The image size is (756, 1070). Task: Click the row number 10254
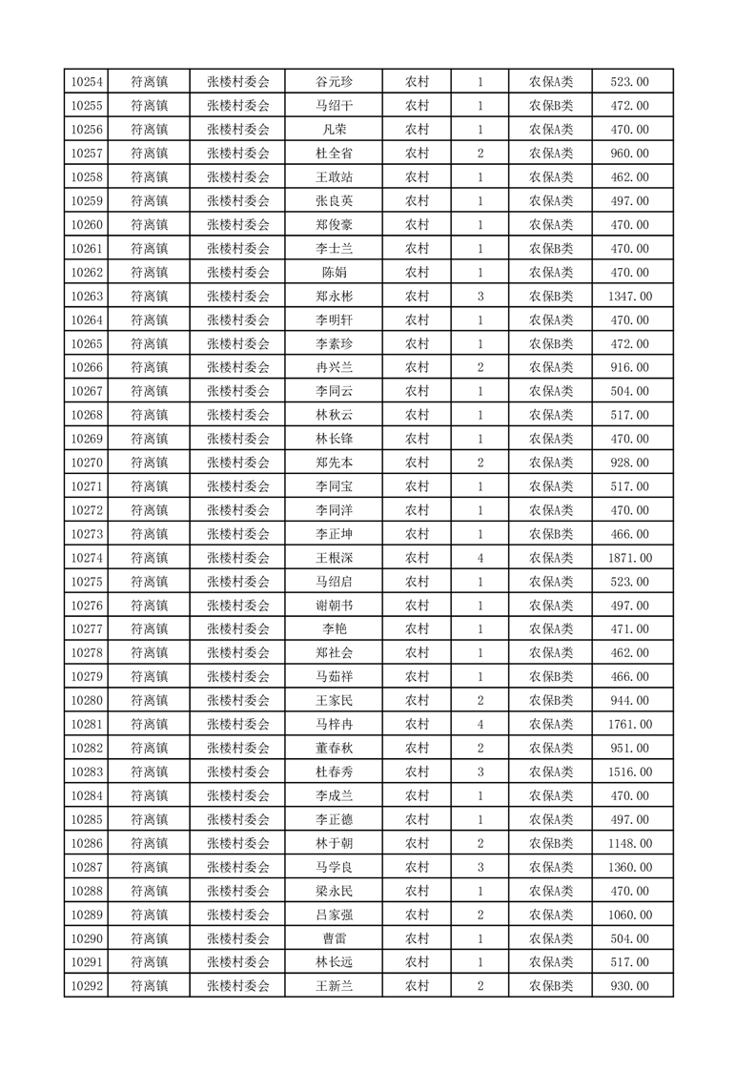pos(87,82)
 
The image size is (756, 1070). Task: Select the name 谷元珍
pos(334,82)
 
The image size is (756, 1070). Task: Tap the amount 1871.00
pos(629,558)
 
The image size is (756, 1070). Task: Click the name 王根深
pos(334,558)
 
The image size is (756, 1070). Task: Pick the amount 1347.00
pos(629,297)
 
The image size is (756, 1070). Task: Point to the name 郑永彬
pos(334,297)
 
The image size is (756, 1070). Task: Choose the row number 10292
pos(87,986)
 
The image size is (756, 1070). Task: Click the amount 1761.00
pos(629,725)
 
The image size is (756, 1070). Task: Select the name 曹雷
pos(334,938)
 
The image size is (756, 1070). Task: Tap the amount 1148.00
pos(629,843)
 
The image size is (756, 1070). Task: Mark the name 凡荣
pos(334,130)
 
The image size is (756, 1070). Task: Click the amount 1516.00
pos(629,772)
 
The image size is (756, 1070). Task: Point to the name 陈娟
pos(334,273)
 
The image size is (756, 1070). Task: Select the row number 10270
pos(87,463)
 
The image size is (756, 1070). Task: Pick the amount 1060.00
pos(629,915)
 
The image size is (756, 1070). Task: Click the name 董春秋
pos(334,749)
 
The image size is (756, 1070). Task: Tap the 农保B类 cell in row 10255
pos(551,106)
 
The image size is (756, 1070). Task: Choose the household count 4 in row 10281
pos(480,725)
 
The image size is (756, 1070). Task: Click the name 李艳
pos(334,629)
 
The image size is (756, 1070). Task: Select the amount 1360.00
pos(629,867)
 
